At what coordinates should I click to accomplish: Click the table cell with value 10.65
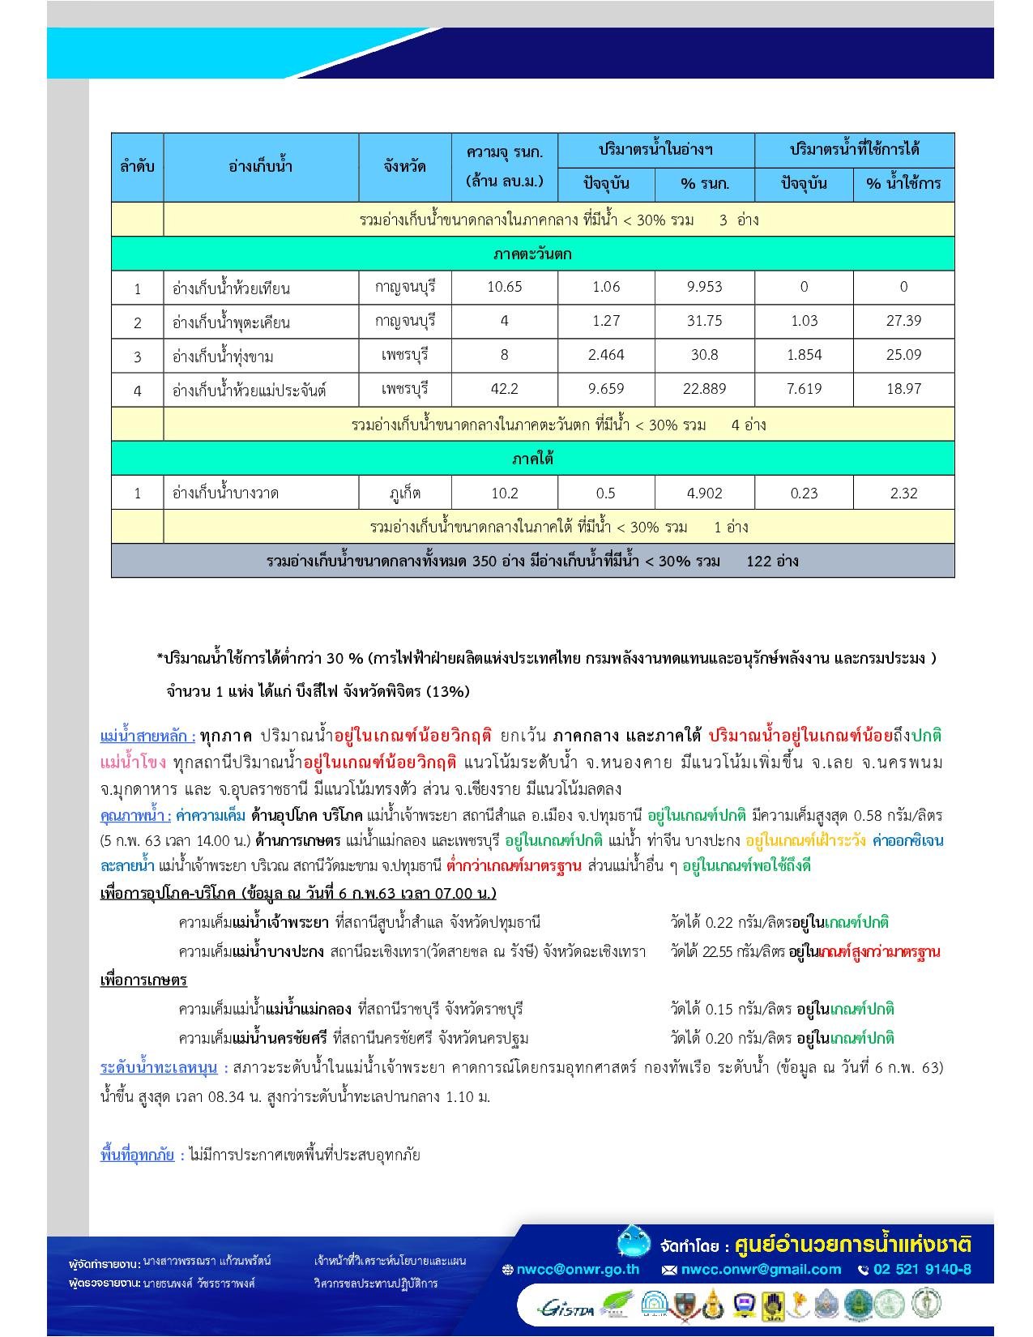click(504, 287)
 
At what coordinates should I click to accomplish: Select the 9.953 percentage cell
click(704, 287)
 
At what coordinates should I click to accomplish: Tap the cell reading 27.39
click(903, 321)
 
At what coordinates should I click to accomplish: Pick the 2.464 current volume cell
click(606, 355)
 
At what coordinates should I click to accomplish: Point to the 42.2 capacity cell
click(504, 389)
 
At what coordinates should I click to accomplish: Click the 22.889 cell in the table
click(704, 389)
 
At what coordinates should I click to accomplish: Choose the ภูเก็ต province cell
click(404, 493)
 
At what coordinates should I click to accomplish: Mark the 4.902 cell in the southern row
click(704, 493)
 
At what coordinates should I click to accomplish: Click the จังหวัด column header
click(404, 167)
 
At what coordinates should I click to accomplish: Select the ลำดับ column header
click(137, 167)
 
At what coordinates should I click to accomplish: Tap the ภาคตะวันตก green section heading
click(532, 254)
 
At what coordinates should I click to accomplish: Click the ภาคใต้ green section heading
click(532, 459)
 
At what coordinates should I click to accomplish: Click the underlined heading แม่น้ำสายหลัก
click(147, 737)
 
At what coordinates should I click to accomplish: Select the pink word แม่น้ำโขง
click(133, 762)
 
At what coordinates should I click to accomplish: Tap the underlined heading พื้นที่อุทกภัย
click(137, 1155)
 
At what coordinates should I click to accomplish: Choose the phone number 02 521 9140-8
click(921, 1270)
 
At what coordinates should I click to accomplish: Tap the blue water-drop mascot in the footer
click(633, 1241)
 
